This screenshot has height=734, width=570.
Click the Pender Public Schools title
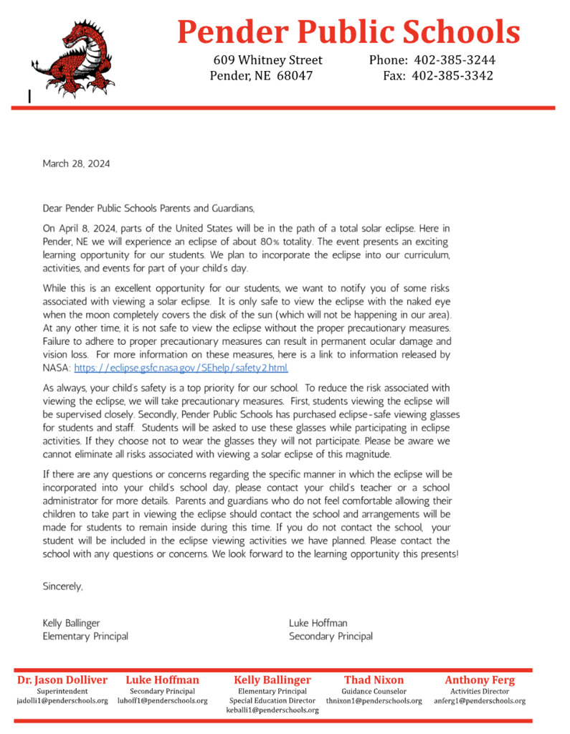(x=348, y=32)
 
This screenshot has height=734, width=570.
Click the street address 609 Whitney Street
(x=268, y=60)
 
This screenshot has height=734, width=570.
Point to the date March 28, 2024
(x=77, y=164)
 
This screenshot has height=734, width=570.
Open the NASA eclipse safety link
(x=181, y=368)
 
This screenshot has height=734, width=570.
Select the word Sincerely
(x=63, y=586)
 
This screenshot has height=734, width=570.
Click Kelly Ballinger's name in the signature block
(x=72, y=624)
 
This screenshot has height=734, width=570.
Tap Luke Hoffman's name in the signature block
(x=318, y=624)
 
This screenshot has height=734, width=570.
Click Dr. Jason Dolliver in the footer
(x=62, y=680)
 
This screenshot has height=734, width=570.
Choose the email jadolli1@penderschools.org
(x=62, y=701)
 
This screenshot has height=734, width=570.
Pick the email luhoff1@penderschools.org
(x=163, y=701)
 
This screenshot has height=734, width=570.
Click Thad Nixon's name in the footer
(x=374, y=680)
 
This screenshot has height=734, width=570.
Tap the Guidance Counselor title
(x=374, y=691)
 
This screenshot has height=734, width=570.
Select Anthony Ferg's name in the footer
(x=480, y=680)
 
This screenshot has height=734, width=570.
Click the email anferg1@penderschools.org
(x=480, y=701)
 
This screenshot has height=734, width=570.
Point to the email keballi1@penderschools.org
(x=272, y=710)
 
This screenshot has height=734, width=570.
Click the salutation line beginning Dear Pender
(x=148, y=209)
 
